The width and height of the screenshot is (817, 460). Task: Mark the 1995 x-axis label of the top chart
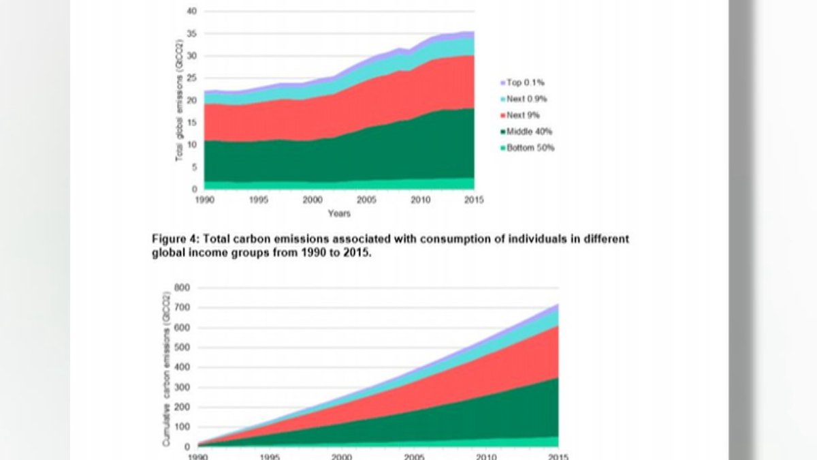pos(257,200)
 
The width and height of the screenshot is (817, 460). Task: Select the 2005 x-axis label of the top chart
pos(366,200)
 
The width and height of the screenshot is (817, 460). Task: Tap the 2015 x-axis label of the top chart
pos(474,200)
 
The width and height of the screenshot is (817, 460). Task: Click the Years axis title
pos(338,213)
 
